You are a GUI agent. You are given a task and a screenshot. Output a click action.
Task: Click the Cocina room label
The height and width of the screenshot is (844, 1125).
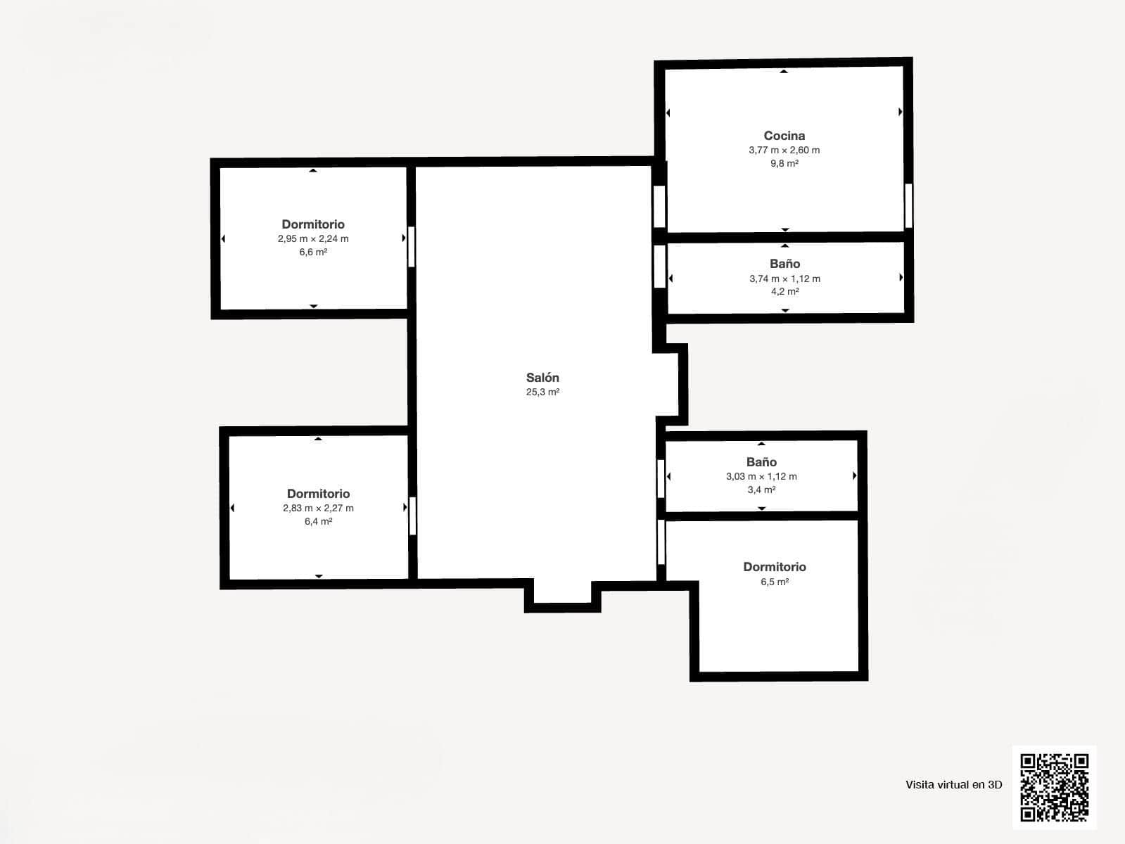784,136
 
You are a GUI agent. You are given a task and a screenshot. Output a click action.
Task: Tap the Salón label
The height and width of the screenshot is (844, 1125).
542,378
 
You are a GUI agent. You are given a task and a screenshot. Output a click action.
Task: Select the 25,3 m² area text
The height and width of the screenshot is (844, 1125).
542,392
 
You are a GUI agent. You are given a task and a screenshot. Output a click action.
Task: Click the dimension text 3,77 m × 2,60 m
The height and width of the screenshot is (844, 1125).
784,150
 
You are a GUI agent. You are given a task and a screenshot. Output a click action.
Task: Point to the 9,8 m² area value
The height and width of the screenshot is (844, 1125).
784,163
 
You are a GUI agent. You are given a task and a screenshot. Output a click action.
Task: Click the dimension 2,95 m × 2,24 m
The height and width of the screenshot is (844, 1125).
313,238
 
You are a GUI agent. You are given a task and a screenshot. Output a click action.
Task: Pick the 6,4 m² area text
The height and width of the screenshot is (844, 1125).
318,521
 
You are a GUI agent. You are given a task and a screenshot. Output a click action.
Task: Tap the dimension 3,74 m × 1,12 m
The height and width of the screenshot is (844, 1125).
784,279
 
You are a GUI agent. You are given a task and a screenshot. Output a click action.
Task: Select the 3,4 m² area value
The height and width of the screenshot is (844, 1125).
761,490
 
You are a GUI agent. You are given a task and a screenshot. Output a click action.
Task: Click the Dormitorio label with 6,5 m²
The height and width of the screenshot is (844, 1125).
774,567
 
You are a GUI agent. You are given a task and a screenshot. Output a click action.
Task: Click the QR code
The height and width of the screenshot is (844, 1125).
1054,787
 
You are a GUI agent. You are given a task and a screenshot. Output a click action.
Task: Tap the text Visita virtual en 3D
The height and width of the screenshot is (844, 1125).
953,785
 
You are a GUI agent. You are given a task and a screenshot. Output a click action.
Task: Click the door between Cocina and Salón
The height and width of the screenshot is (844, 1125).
659,206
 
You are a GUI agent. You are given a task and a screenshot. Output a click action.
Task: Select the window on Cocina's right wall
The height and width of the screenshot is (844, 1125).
908,205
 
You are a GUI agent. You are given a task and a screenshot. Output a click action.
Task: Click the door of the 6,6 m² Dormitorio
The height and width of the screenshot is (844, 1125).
412,246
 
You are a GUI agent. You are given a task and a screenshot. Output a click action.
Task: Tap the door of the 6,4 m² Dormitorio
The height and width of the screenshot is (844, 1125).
412,516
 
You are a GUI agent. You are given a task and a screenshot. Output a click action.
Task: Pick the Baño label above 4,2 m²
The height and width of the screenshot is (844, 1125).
784,264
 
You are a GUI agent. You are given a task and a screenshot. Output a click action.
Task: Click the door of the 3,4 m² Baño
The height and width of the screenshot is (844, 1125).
661,478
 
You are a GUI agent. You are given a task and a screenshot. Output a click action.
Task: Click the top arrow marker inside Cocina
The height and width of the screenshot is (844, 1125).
784,72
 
